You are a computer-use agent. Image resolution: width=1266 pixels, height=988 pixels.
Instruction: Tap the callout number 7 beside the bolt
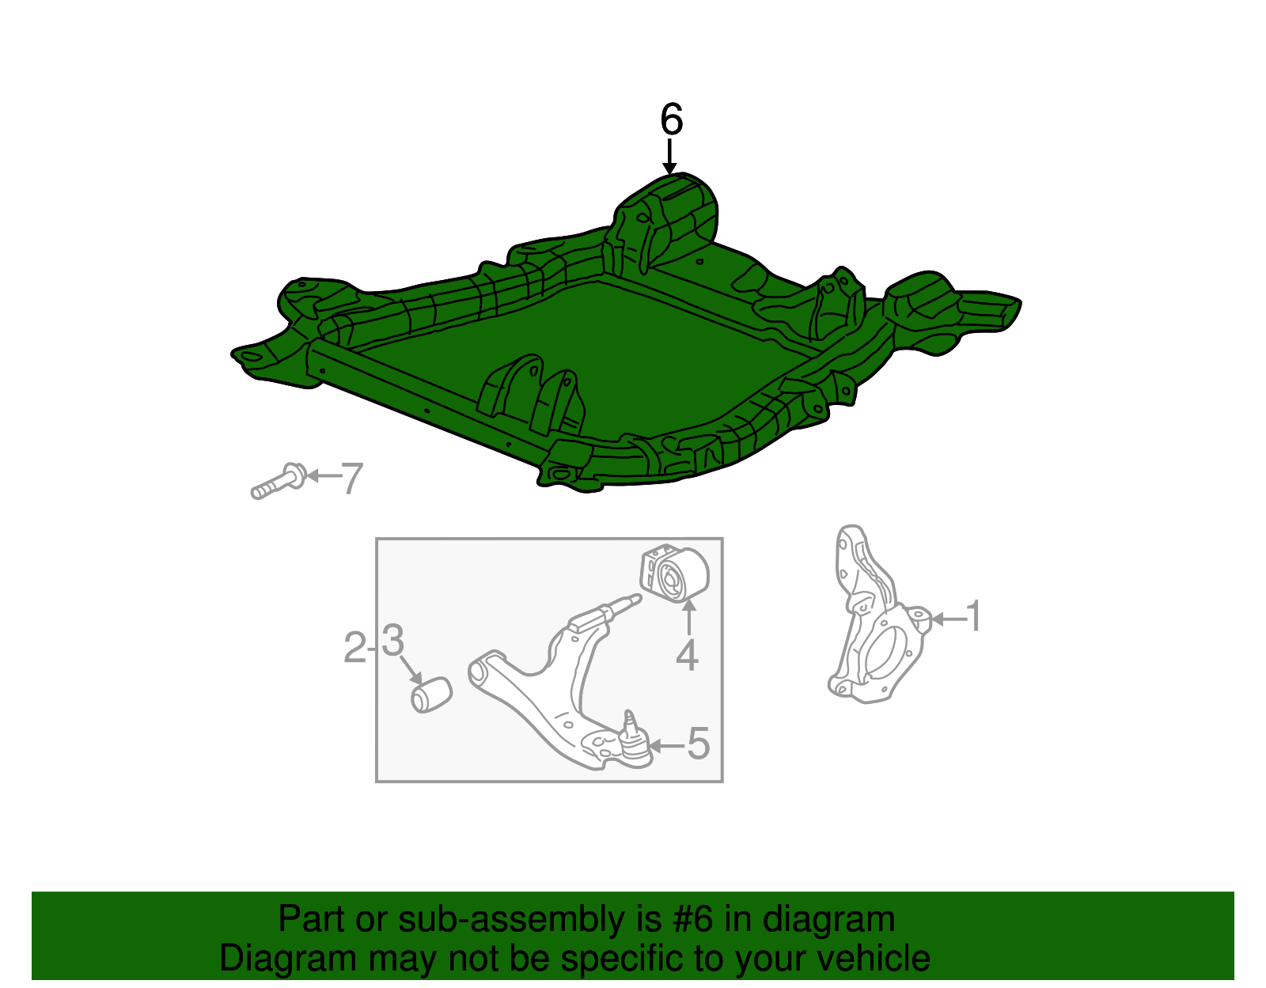click(x=352, y=479)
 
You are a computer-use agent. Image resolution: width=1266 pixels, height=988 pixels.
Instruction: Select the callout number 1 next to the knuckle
click(x=973, y=616)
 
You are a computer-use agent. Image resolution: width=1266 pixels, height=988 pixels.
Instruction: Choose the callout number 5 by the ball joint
click(x=699, y=744)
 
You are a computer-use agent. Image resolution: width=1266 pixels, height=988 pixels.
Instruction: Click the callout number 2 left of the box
click(x=354, y=647)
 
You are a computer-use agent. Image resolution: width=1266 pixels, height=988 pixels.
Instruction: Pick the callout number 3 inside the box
click(x=392, y=640)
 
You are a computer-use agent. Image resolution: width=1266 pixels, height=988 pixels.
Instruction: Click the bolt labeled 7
click(x=278, y=482)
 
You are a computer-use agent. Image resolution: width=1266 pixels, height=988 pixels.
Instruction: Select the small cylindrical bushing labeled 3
click(x=431, y=695)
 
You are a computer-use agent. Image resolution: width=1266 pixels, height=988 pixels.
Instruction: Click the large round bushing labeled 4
click(x=675, y=573)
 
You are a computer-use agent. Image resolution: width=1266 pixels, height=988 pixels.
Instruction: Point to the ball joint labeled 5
click(x=633, y=740)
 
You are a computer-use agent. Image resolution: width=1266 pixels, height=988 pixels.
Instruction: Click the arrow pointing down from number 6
click(x=670, y=156)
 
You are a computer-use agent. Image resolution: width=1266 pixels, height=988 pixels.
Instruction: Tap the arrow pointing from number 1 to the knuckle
click(x=948, y=619)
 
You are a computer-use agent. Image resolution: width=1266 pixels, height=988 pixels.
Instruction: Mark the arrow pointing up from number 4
click(x=688, y=617)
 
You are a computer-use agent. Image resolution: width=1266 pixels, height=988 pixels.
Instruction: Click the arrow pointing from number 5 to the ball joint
click(x=666, y=745)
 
